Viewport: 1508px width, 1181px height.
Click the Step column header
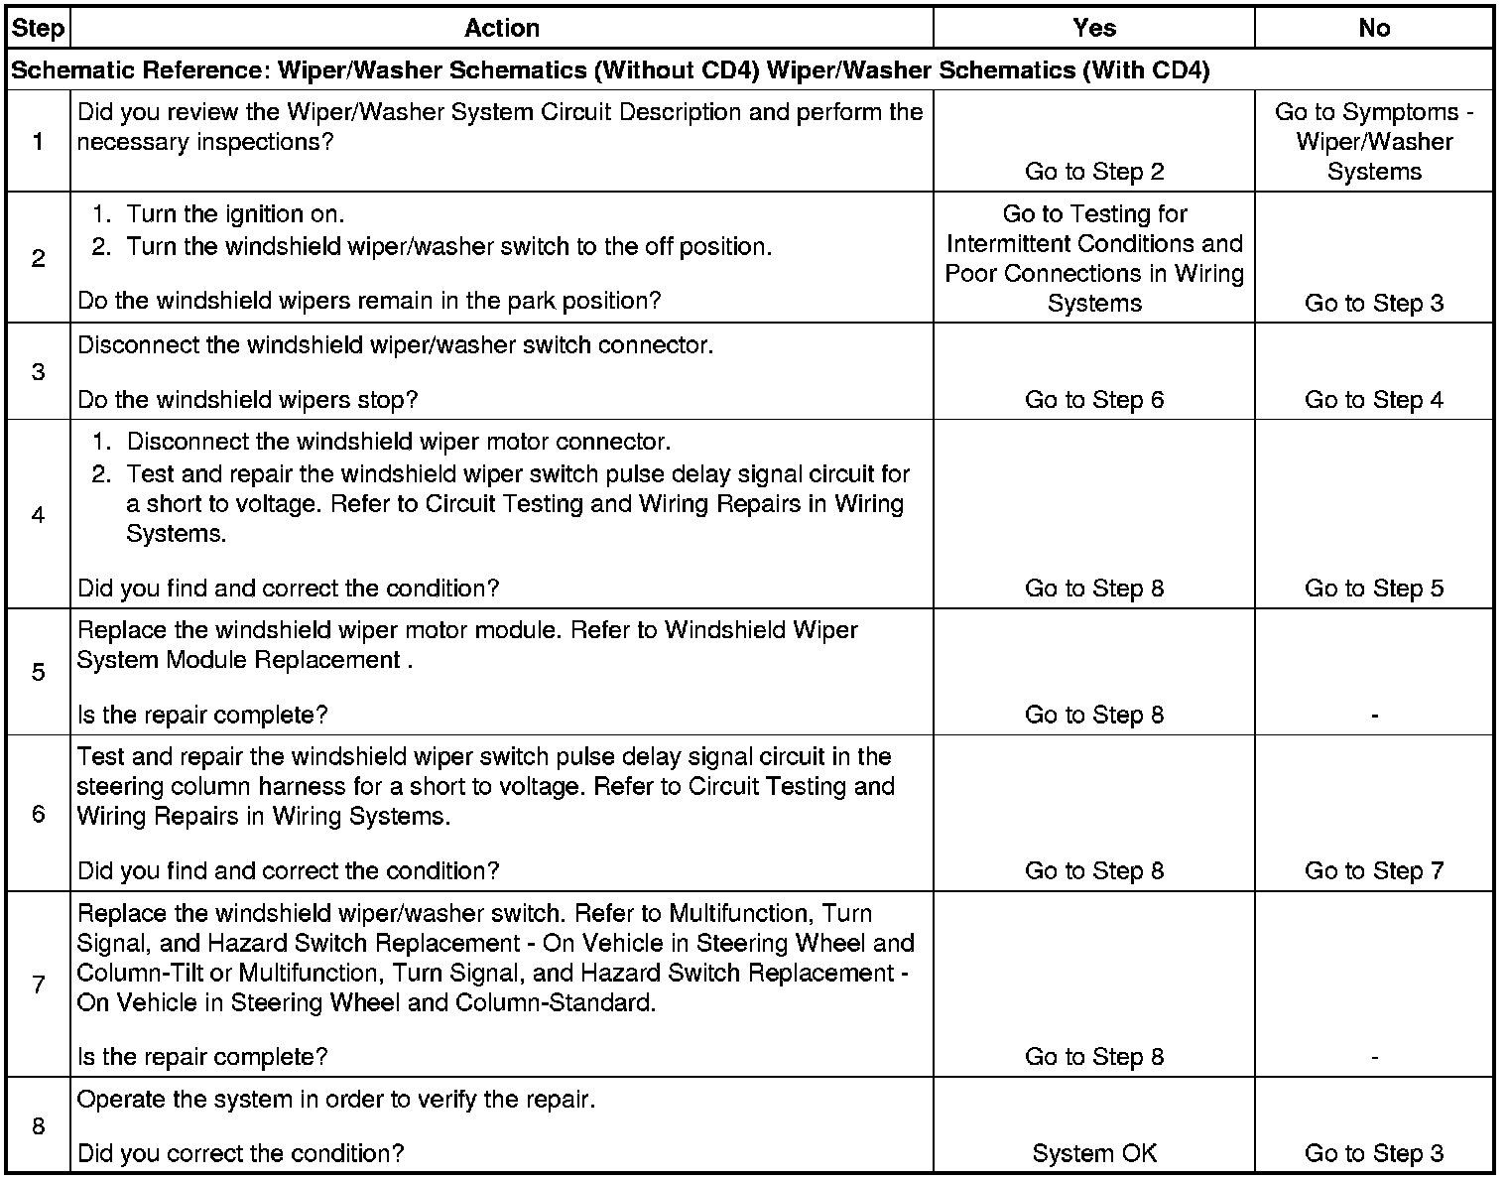(38, 29)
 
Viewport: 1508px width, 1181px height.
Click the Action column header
(502, 29)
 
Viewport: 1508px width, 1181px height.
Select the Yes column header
(1094, 29)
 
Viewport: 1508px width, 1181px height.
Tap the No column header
(1374, 29)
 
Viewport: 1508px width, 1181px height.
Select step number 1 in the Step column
(38, 142)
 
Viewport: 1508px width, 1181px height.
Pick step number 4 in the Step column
(38, 515)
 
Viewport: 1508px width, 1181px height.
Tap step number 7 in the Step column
(38, 984)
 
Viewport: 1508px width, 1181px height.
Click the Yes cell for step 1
(1094, 172)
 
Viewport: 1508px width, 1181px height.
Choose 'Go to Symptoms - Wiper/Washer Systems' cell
(1374, 142)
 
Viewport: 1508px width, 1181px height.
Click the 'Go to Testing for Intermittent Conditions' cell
(1094, 258)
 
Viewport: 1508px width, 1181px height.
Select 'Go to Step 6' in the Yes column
(1094, 400)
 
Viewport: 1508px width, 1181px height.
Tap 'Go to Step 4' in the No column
(1374, 400)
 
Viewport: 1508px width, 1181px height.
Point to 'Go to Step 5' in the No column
(1374, 589)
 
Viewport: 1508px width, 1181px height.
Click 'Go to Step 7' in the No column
(1374, 871)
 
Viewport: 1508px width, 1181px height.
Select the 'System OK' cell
(1094, 1153)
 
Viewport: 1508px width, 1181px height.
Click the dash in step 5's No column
(1374, 716)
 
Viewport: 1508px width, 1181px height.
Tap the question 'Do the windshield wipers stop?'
(248, 400)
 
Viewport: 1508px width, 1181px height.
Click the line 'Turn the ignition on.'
(235, 214)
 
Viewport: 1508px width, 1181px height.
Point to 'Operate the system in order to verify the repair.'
(336, 1100)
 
